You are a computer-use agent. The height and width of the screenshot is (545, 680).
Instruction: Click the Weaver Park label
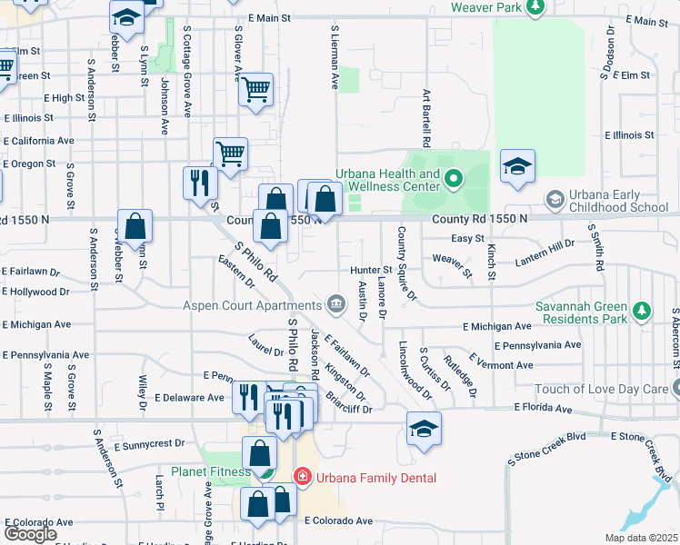pos(486,7)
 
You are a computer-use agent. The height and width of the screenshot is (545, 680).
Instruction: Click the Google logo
pos(30,533)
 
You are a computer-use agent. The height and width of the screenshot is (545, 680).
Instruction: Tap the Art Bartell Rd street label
pos(425,119)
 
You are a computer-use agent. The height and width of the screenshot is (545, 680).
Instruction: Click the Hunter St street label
pos(370,270)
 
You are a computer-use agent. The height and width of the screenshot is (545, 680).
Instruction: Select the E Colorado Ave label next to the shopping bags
pos(339,520)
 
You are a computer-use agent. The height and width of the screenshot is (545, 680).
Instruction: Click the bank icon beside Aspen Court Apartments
pos(336,302)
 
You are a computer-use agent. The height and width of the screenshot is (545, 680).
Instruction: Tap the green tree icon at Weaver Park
pos(536,7)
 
